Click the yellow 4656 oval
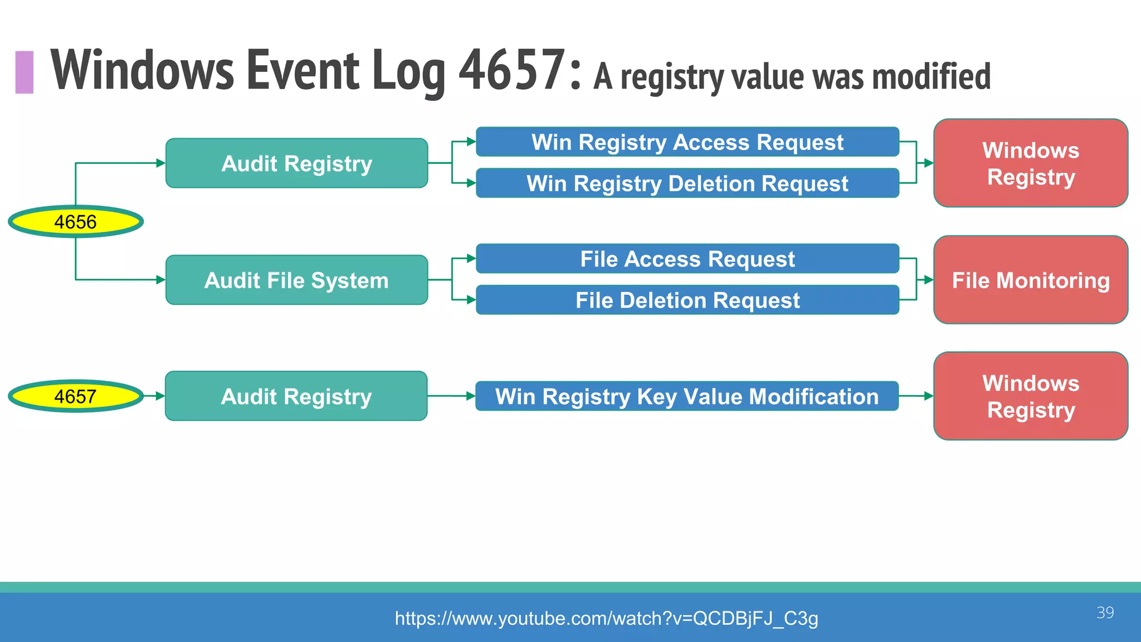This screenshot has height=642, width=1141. pyautogui.click(x=76, y=222)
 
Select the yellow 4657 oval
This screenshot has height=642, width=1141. pyautogui.click(x=76, y=396)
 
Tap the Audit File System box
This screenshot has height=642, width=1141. pyautogui.click(x=296, y=280)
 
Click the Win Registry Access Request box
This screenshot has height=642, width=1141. pyautogui.click(x=687, y=142)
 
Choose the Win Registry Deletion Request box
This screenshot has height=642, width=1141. pyautogui.click(x=687, y=183)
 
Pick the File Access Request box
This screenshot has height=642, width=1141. pyautogui.click(x=687, y=259)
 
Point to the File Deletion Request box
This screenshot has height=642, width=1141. pyautogui.click(x=687, y=300)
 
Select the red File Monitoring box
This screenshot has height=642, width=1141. pyautogui.click(x=1031, y=280)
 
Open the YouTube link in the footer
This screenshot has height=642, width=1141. pyautogui.click(x=606, y=618)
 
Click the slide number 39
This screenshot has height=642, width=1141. pyautogui.click(x=1105, y=612)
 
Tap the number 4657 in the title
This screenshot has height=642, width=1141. pyautogui.click(x=513, y=70)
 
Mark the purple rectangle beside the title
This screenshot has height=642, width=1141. pyautogui.click(x=25, y=72)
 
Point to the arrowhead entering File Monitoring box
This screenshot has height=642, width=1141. pyautogui.click(x=929, y=280)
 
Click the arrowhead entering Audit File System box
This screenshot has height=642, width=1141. pyautogui.click(x=160, y=280)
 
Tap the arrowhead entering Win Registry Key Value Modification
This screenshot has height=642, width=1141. pyautogui.click(x=471, y=396)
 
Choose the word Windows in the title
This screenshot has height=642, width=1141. pyautogui.click(x=143, y=70)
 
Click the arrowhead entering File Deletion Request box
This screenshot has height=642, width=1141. pyautogui.click(x=471, y=300)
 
